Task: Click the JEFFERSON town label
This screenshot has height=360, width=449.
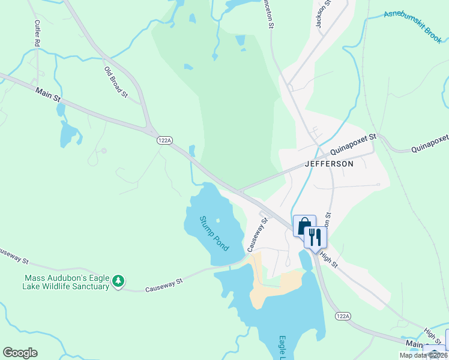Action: (329, 163)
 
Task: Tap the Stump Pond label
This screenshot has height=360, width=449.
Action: (214, 233)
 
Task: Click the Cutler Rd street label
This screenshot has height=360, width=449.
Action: (37, 34)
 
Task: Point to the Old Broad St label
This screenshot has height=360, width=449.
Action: (116, 82)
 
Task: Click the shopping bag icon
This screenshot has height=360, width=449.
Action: (304, 226)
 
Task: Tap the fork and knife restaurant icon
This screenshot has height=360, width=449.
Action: (315, 236)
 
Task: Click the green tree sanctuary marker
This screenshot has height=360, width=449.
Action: (119, 280)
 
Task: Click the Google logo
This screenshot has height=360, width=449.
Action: (20, 353)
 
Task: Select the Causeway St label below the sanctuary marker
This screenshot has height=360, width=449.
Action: (163, 285)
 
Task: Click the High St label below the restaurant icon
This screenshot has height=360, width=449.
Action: (330, 259)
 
